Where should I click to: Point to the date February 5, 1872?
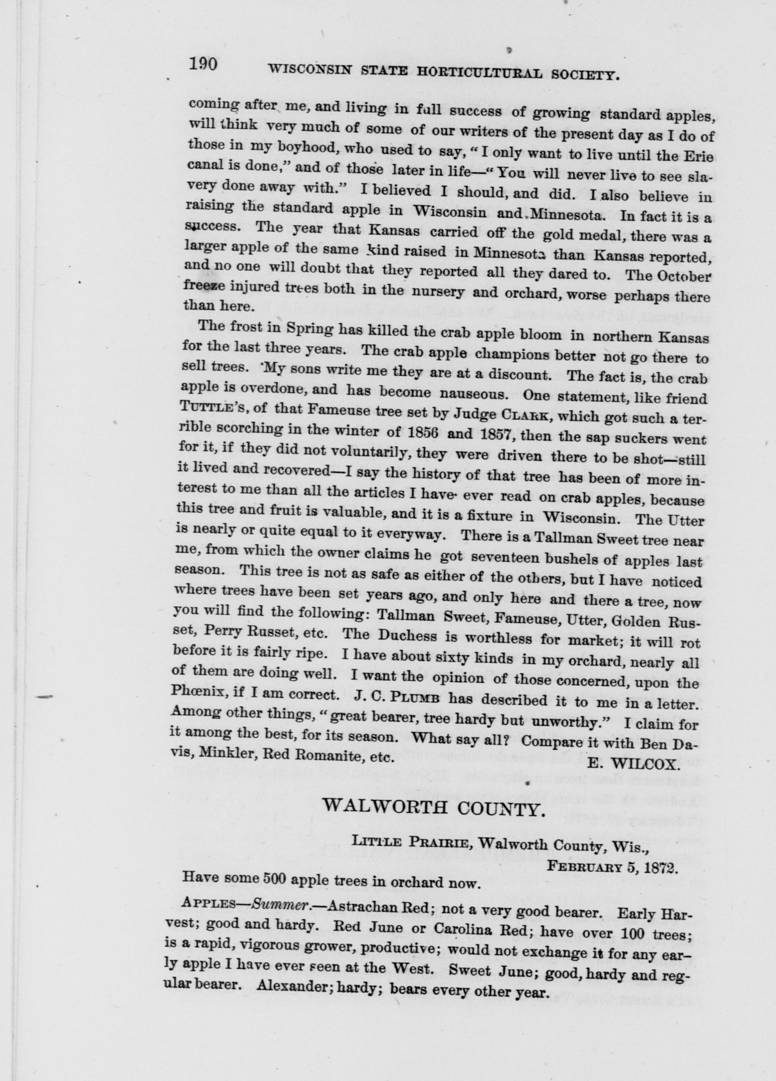click(x=612, y=867)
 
